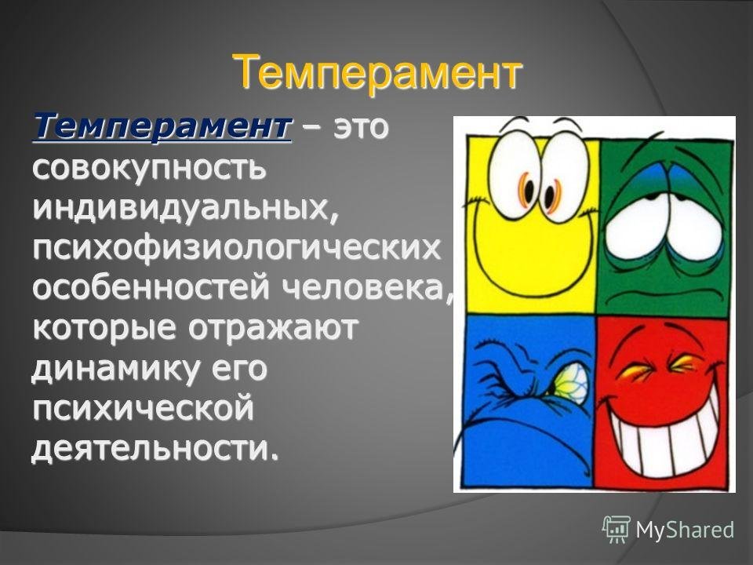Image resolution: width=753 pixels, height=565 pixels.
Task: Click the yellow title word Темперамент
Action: point(377,74)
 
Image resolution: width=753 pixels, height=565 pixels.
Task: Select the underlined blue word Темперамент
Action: point(162,126)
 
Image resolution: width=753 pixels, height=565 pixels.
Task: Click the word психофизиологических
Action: point(236,249)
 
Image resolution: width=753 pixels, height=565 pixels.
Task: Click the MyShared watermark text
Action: point(685,530)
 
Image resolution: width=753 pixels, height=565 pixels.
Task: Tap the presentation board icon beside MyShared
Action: point(617,529)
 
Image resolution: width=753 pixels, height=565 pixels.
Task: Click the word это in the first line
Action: point(360,128)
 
